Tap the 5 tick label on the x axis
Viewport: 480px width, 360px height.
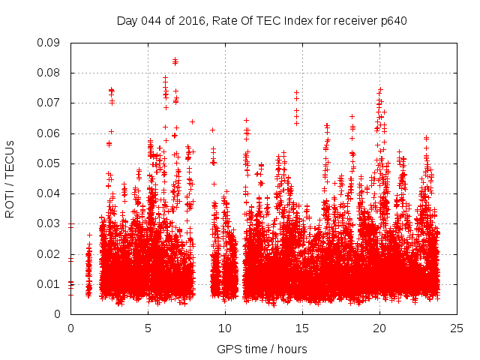148,328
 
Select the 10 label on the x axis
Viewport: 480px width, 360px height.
225,328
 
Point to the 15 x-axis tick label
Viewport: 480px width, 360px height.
302,328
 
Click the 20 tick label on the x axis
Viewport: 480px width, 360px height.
379,328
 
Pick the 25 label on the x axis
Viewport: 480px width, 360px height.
457,328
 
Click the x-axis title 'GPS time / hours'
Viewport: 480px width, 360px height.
263,349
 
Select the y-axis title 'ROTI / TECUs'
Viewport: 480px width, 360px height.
10,178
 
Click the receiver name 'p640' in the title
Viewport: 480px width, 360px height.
391,20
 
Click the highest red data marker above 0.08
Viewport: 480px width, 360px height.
175,60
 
